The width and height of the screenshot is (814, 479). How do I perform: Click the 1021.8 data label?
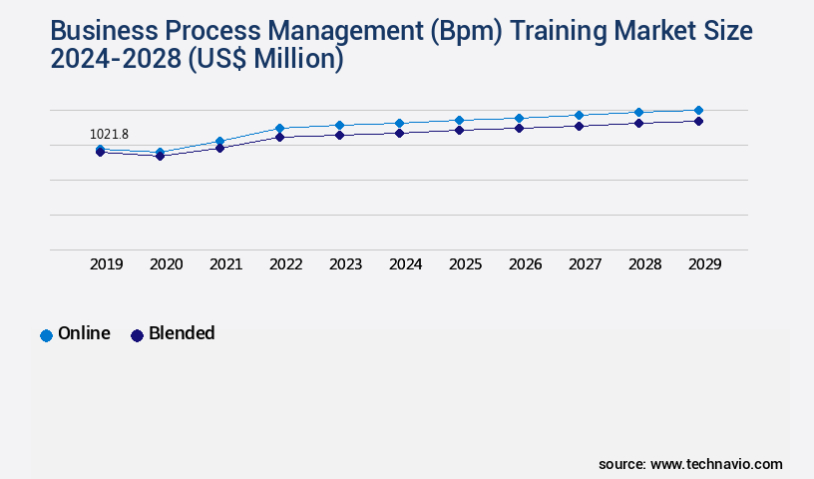[109, 134]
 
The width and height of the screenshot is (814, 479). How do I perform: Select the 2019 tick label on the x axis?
[107, 264]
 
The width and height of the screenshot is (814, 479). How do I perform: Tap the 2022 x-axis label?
[286, 264]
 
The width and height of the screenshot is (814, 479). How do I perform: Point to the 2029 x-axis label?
[704, 264]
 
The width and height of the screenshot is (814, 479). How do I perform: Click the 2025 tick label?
[466, 264]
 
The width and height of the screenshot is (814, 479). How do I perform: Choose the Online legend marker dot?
[46, 335]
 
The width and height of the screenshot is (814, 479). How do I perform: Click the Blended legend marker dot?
[137, 335]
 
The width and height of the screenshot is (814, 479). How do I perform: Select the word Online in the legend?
[84, 334]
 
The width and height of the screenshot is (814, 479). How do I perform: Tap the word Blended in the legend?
[182, 334]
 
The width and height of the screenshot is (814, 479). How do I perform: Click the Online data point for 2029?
[698, 110]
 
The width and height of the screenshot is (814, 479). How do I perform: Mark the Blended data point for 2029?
[698, 121]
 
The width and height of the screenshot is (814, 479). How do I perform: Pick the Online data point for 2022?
[279, 128]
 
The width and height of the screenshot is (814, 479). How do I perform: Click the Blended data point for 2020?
[160, 156]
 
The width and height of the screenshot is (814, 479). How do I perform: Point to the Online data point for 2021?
[219, 142]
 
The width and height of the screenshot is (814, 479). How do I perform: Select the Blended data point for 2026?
[519, 128]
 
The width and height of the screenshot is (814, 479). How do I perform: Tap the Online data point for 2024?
[399, 123]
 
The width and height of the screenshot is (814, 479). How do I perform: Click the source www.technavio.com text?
[690, 464]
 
